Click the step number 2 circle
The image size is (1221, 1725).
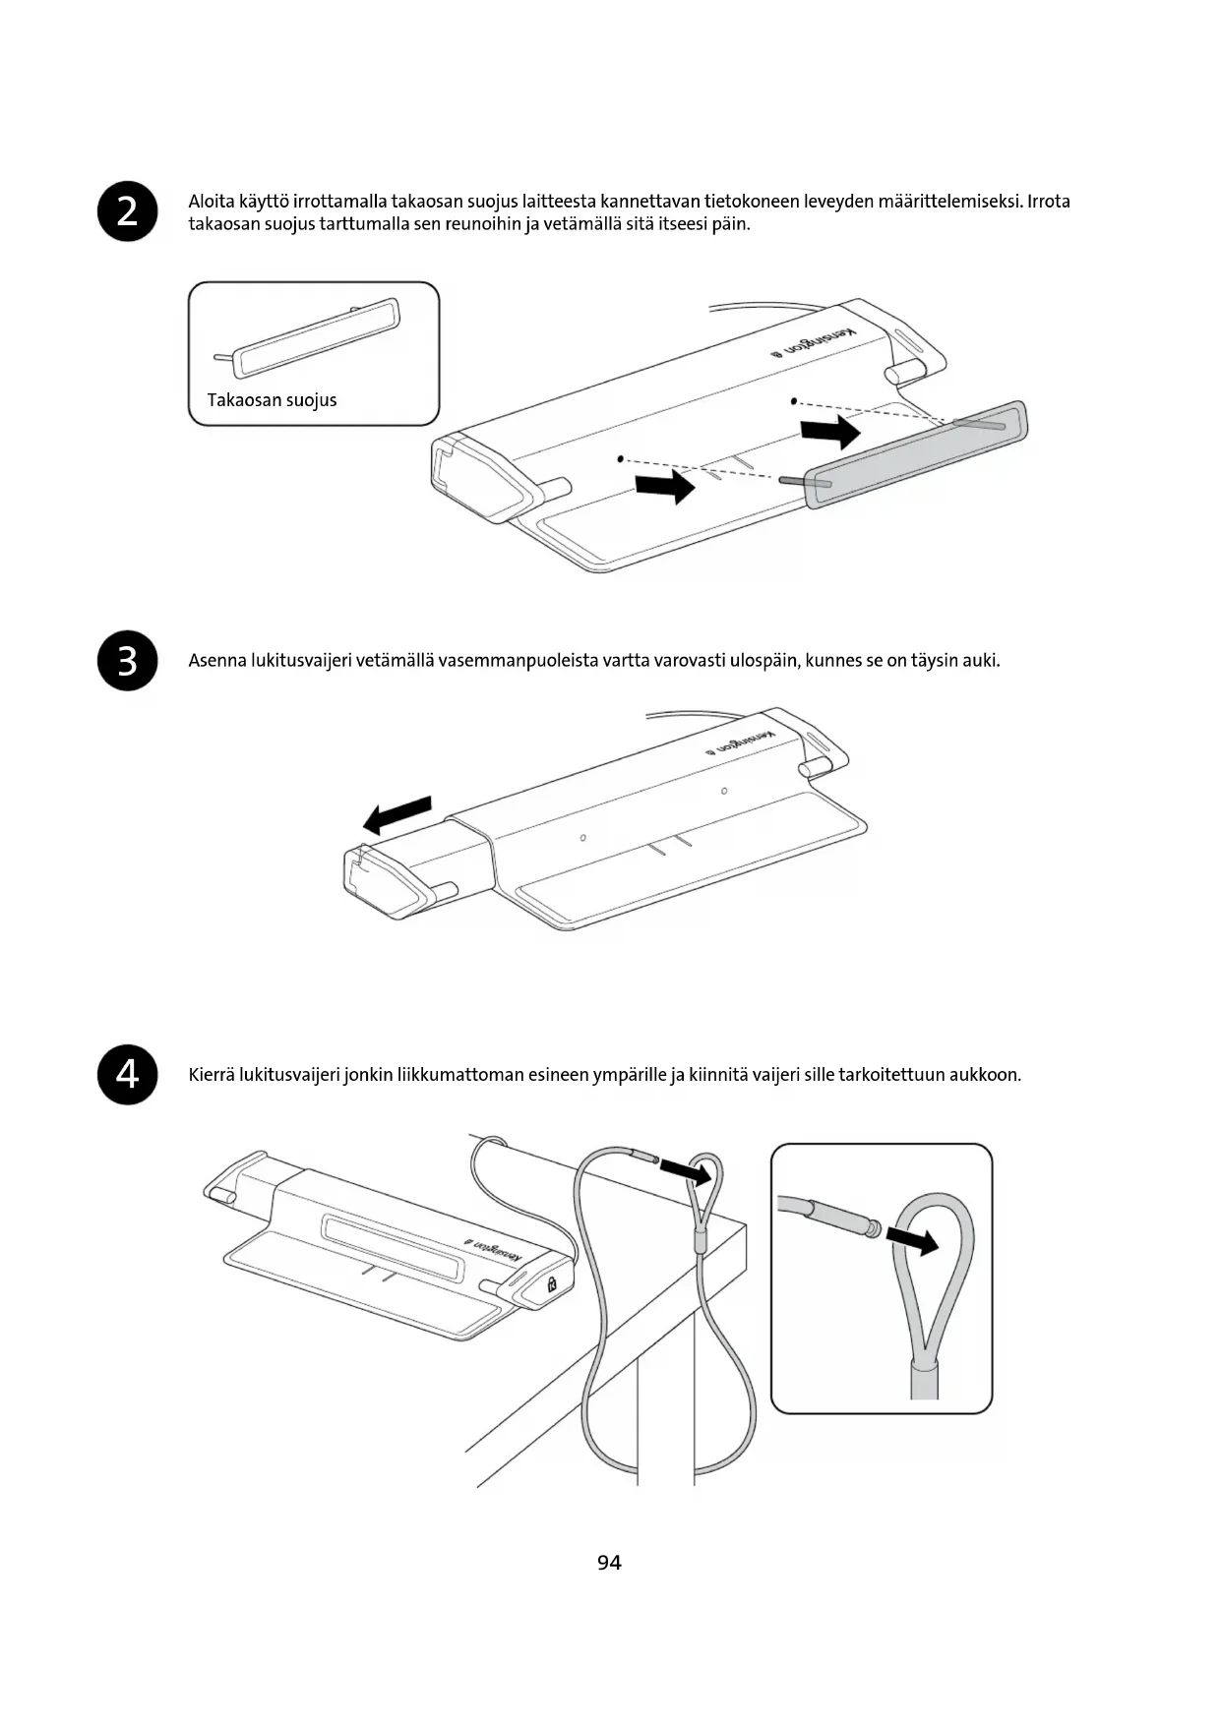tap(128, 211)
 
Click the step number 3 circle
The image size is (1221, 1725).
tap(128, 661)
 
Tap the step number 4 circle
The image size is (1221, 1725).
tap(128, 1075)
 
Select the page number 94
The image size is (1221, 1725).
tap(609, 1563)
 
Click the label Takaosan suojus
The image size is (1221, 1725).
tap(272, 400)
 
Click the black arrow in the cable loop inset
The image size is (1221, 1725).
tap(913, 1240)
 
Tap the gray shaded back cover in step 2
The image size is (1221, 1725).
tap(915, 453)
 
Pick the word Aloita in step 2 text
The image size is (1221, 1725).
tap(211, 202)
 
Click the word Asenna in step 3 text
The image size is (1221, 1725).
tap(216, 661)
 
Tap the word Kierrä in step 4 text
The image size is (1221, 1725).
tap(212, 1075)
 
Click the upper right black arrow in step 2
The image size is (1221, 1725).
tap(829, 431)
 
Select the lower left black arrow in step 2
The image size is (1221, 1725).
tap(665, 485)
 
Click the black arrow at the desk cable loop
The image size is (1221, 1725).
tap(685, 1170)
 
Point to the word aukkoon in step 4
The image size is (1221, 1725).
tap(984, 1075)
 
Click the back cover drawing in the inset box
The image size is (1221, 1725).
tap(317, 339)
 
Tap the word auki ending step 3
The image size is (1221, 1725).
tap(980, 661)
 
